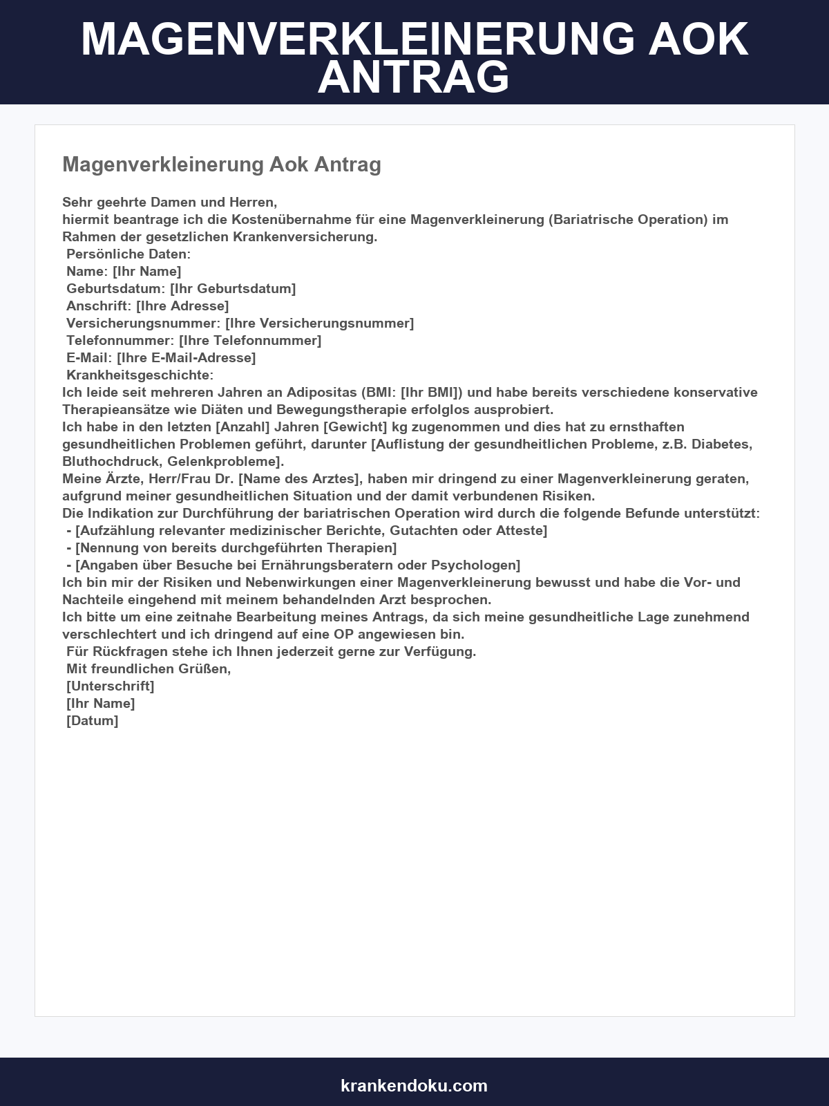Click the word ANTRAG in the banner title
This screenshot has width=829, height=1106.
click(413, 77)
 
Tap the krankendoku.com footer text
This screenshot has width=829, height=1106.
click(414, 1085)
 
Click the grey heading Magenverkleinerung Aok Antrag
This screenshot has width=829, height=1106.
click(222, 165)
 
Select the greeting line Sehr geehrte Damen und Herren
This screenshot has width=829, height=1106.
click(169, 203)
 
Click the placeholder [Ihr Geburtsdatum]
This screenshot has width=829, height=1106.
click(233, 289)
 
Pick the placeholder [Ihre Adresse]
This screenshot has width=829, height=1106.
click(182, 306)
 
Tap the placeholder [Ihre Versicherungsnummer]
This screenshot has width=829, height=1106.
click(319, 324)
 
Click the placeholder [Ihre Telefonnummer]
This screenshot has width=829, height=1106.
click(250, 341)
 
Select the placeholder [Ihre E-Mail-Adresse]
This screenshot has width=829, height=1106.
click(186, 358)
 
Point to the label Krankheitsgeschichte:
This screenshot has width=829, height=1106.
click(140, 375)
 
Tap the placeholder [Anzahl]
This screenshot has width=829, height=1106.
click(242, 427)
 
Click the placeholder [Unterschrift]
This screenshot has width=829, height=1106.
click(110, 686)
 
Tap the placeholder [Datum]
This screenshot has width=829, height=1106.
click(92, 721)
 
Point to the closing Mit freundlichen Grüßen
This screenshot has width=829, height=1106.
click(148, 669)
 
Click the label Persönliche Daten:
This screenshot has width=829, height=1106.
click(128, 254)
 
